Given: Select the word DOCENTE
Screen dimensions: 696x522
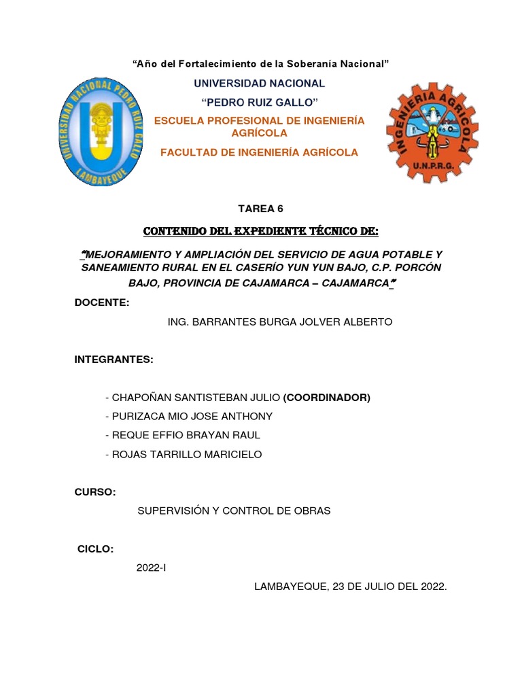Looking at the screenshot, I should point(101,302).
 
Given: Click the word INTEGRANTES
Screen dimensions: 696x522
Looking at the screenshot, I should point(114,360).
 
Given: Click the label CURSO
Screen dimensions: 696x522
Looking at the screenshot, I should point(95,492).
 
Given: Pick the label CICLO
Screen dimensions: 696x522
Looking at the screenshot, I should point(95,549).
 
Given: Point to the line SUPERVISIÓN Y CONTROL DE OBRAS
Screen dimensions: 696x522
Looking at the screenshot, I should point(234,510).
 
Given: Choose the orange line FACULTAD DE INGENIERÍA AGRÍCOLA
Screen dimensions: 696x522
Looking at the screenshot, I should point(259,152).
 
